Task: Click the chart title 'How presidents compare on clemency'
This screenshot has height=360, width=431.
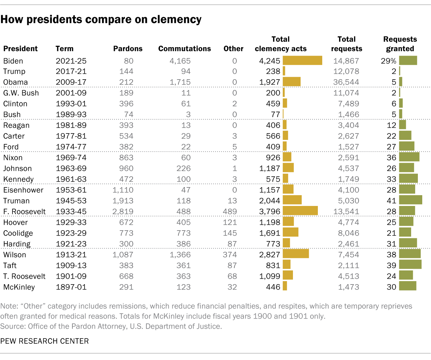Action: click(x=101, y=20)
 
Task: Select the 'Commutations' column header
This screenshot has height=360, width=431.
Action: click(x=185, y=49)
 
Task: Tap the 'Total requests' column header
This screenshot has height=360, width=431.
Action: click(x=346, y=44)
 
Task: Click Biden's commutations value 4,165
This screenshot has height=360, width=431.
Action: click(x=180, y=61)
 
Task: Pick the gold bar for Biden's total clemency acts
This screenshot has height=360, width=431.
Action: click(x=302, y=61)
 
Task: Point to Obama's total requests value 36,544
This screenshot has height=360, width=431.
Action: click(x=346, y=82)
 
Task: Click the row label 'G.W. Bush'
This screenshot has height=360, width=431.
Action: click(x=21, y=93)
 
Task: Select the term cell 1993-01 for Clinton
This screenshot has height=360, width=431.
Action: click(x=71, y=104)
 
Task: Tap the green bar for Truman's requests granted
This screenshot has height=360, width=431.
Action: click(x=410, y=200)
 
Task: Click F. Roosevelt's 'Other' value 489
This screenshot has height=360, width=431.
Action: click(x=230, y=212)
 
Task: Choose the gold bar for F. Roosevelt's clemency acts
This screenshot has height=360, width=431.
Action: click(x=300, y=211)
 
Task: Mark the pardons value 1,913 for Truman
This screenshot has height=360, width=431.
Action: click(x=123, y=201)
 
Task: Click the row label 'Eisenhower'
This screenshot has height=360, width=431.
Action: click(x=23, y=190)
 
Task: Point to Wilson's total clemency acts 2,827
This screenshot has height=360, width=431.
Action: click(x=270, y=255)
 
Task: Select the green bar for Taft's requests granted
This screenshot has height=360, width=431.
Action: click(x=410, y=265)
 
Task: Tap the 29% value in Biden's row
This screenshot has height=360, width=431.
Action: click(x=388, y=61)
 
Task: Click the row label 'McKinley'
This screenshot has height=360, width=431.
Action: click(x=19, y=287)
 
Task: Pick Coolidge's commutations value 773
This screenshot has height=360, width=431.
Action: click(x=184, y=233)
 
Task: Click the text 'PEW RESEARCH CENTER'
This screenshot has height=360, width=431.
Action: click(x=44, y=341)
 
